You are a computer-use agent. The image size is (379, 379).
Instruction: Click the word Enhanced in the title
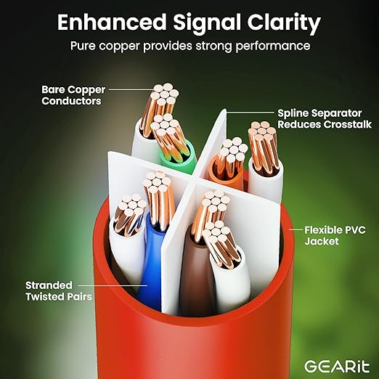click(112, 23)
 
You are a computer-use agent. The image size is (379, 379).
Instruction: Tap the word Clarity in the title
click(284, 24)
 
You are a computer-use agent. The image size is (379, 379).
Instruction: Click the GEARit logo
click(337, 367)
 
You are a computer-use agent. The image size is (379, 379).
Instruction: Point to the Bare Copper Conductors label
click(73, 95)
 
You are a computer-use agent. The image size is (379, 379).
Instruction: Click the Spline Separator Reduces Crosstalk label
click(325, 118)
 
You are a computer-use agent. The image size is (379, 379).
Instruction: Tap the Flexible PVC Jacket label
click(335, 235)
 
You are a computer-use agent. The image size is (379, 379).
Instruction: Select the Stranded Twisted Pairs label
click(59, 291)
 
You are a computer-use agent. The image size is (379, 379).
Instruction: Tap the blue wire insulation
click(151, 261)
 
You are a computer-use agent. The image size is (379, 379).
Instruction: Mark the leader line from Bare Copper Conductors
click(131, 89)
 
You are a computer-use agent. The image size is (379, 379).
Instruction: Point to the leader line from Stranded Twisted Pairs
click(113, 285)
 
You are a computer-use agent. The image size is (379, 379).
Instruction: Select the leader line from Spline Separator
click(250, 113)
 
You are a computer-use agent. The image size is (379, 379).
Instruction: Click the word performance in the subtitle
click(273, 46)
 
